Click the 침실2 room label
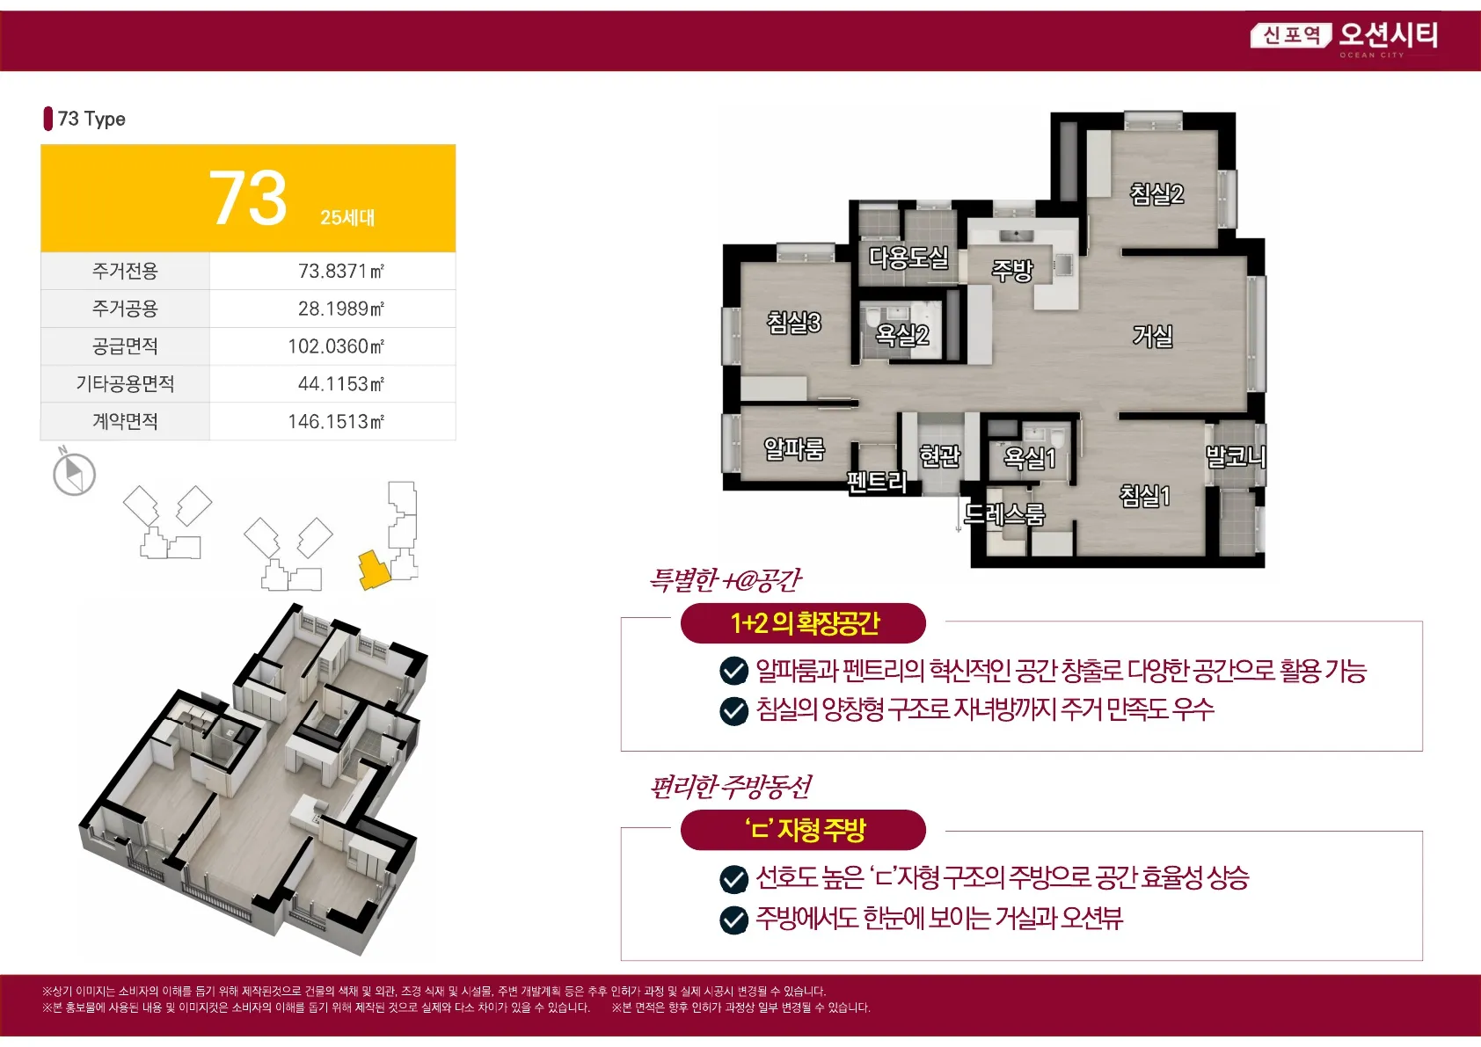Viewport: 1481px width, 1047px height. click(x=1156, y=193)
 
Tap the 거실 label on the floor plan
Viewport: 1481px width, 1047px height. click(x=1152, y=336)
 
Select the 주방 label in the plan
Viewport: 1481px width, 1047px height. click(x=1011, y=270)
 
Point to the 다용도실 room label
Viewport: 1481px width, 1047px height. click(x=908, y=257)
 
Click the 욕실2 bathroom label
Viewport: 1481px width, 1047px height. click(x=901, y=334)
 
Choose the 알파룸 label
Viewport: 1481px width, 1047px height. click(x=794, y=449)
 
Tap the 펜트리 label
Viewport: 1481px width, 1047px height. click(x=877, y=481)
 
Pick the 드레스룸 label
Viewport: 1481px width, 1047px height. click(x=1004, y=513)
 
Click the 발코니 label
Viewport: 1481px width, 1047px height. click(x=1235, y=456)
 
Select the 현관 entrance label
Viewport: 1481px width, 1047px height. click(x=939, y=454)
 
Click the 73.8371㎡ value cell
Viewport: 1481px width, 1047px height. click(x=340, y=271)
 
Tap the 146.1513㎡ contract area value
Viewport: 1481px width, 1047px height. click(x=336, y=421)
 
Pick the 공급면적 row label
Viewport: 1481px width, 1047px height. click(x=125, y=345)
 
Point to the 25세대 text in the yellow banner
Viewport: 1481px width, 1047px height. click(x=347, y=217)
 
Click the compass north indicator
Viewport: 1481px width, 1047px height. click(x=73, y=472)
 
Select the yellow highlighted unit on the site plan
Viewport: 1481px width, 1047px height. click(x=374, y=570)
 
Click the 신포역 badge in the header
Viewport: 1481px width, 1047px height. click(x=1290, y=35)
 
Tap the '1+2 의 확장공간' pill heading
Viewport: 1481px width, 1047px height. click(x=803, y=622)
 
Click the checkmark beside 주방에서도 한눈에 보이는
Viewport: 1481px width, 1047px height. click(x=733, y=920)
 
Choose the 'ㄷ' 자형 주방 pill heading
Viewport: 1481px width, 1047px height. click(x=803, y=830)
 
